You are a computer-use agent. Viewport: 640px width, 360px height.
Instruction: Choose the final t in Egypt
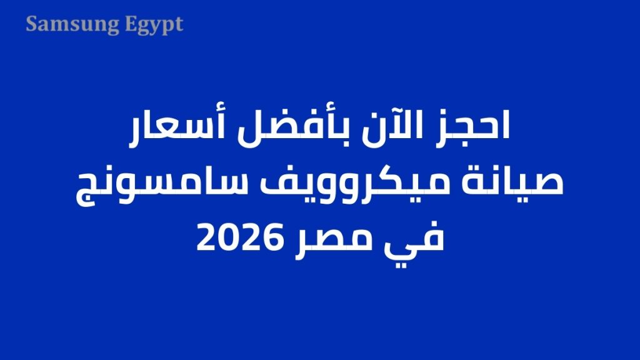pyautogui.click(x=179, y=25)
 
